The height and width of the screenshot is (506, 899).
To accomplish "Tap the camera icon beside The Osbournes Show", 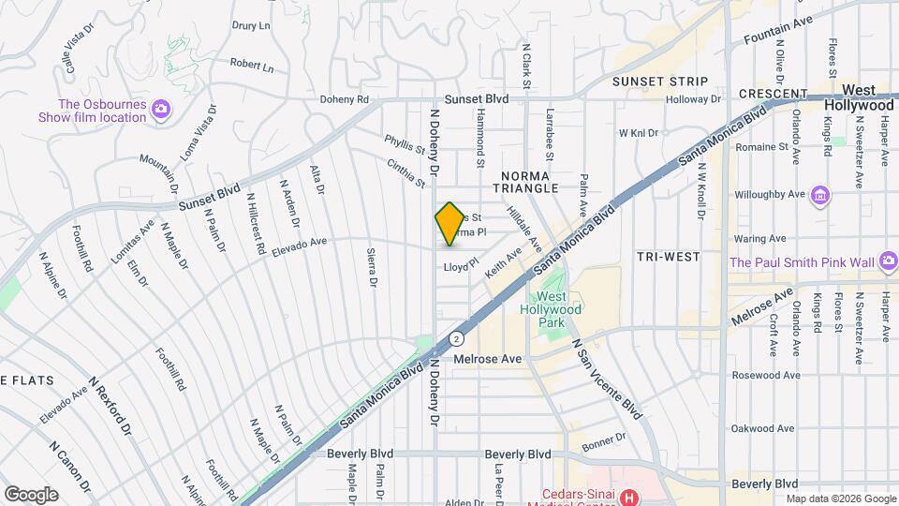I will pos(161,110).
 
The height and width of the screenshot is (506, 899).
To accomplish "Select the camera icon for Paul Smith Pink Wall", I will pos(883,263).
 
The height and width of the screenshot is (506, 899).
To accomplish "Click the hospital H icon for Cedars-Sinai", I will pos(630,495).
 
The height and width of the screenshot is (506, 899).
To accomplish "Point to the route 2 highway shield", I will pos(456,338).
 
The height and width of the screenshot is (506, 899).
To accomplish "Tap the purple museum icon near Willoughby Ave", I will pos(821,195).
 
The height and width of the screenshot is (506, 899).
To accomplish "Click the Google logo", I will pos(31,494).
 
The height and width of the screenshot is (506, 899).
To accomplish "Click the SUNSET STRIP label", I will pos(660,82).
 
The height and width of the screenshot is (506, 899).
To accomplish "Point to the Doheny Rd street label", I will pos(346,99).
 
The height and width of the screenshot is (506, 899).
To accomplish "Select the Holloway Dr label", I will pos(695,98).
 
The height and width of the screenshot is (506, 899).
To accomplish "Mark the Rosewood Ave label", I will pos(768,375).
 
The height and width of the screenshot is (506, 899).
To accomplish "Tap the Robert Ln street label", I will pos(252,66).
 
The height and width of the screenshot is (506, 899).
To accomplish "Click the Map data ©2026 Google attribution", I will pos(840,499).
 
